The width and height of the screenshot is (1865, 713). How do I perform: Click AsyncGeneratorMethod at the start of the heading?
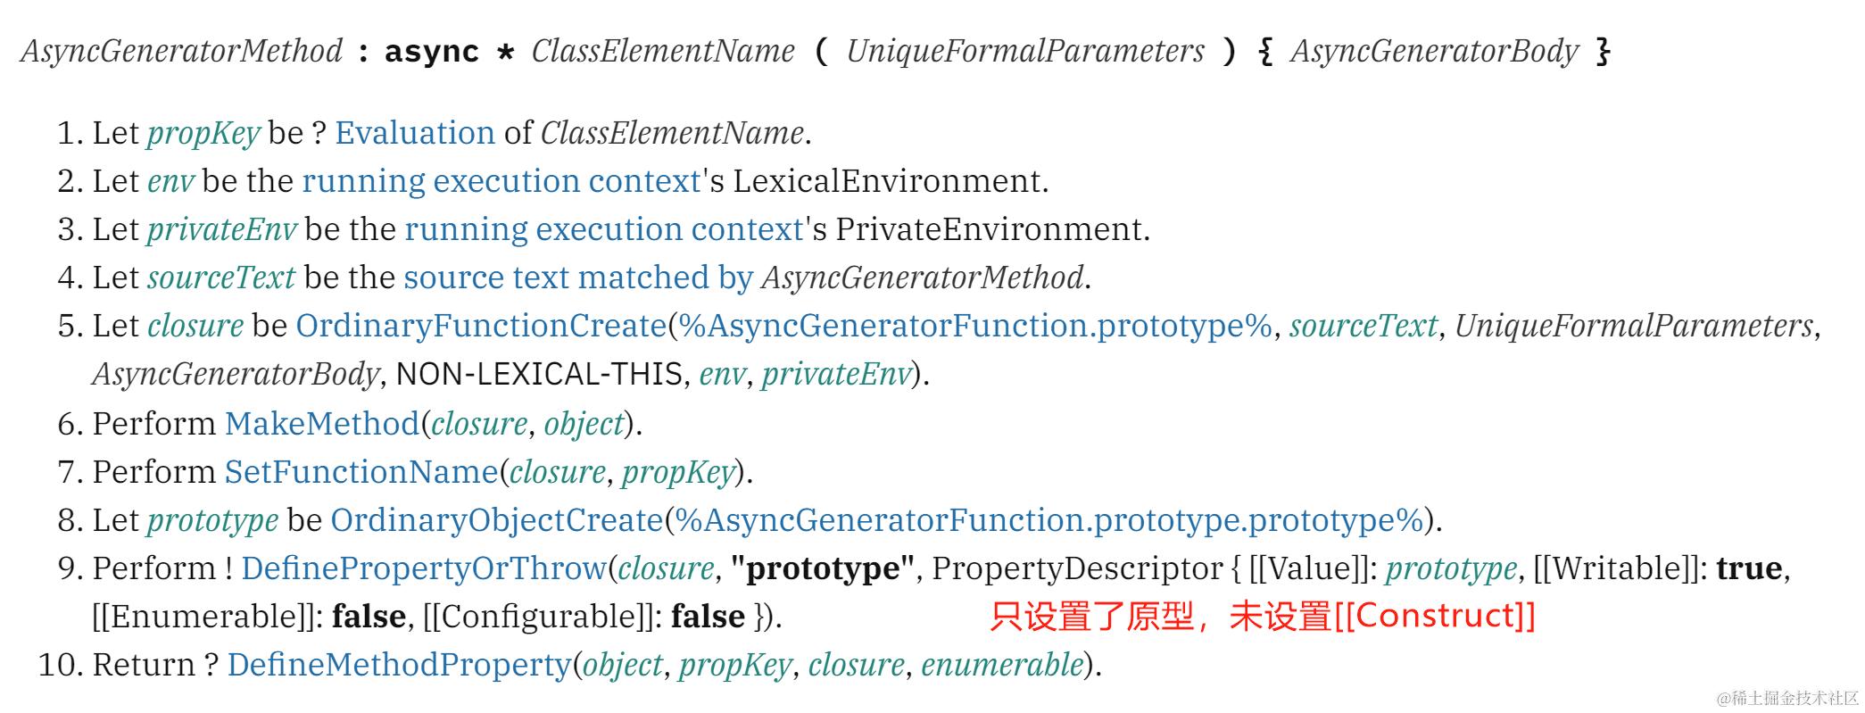[181, 51]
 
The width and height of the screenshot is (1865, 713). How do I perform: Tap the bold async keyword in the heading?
[432, 52]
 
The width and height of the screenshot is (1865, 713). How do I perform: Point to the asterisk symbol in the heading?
[505, 53]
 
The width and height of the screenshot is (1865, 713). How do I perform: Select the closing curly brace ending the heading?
[1604, 52]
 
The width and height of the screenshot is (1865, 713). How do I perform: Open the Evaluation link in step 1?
[415, 133]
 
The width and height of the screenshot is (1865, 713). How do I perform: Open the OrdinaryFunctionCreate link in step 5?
[481, 326]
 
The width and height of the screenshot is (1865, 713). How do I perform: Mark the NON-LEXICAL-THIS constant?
[539, 374]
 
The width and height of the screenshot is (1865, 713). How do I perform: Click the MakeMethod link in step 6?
[321, 423]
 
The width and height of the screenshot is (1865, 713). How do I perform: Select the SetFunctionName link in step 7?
[361, 471]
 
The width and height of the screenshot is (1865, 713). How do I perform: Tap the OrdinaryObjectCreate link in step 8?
[496, 519]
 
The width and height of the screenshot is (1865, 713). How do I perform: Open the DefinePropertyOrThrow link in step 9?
[423, 568]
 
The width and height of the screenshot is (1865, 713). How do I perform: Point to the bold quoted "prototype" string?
[823, 568]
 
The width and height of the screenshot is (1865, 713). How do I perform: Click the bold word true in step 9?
[1749, 568]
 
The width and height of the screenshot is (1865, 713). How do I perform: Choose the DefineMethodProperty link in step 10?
[398, 665]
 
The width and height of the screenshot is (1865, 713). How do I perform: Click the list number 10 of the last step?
[56, 665]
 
